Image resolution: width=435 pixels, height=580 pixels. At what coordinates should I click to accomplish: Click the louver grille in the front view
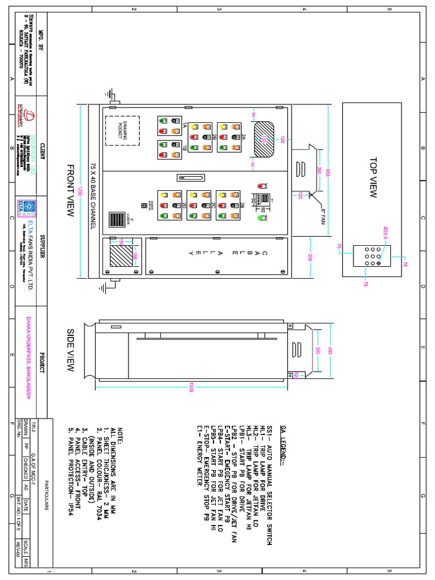(117, 219)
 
